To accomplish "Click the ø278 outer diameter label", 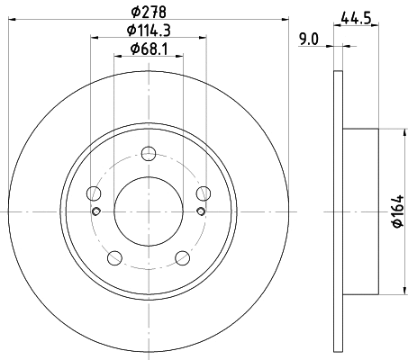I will coord(150,11).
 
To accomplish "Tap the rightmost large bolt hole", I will coord(204,192).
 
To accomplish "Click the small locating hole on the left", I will coord(96,211).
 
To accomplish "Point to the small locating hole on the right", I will coord(201,211).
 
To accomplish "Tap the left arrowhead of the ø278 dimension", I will coord(12,18).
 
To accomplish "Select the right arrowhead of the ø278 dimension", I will coord(288,18).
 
